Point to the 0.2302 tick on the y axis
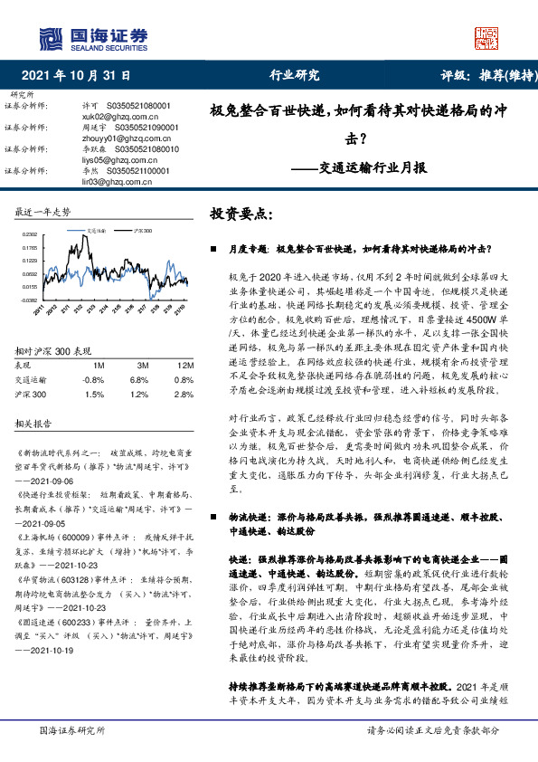click(30, 234)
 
